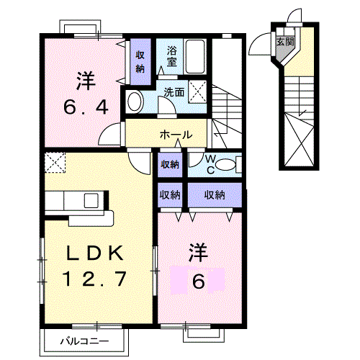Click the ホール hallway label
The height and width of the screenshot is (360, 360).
176,135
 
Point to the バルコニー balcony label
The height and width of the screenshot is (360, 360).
84,341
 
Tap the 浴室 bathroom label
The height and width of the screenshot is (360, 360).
173,57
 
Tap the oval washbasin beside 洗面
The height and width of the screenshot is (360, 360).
135,102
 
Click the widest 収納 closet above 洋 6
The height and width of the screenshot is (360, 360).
215,194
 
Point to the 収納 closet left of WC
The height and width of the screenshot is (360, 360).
170,164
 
